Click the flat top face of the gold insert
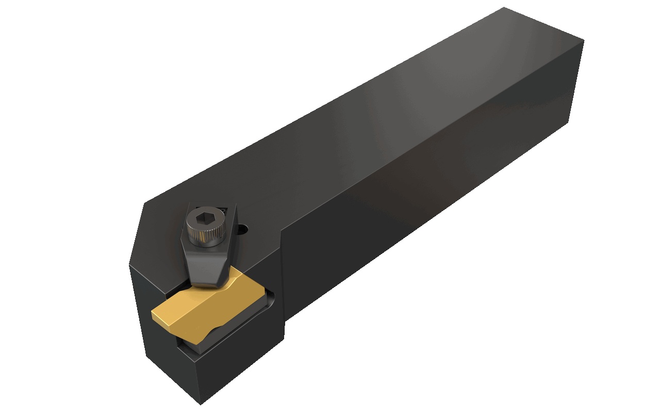pos(206,305)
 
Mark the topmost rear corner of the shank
pos(504,8)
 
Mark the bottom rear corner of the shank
pos(568,123)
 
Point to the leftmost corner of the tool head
pos(129,264)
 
